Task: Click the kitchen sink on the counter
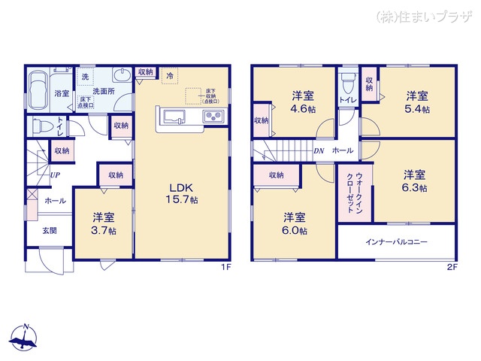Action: [x=174, y=117]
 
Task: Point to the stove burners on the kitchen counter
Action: [x=212, y=117]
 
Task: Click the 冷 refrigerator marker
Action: [x=170, y=76]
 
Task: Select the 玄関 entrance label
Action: [x=48, y=230]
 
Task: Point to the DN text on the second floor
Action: [x=319, y=150]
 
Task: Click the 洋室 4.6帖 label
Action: [x=302, y=102]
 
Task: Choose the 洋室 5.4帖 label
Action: [x=417, y=102]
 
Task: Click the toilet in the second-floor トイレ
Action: [x=346, y=81]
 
